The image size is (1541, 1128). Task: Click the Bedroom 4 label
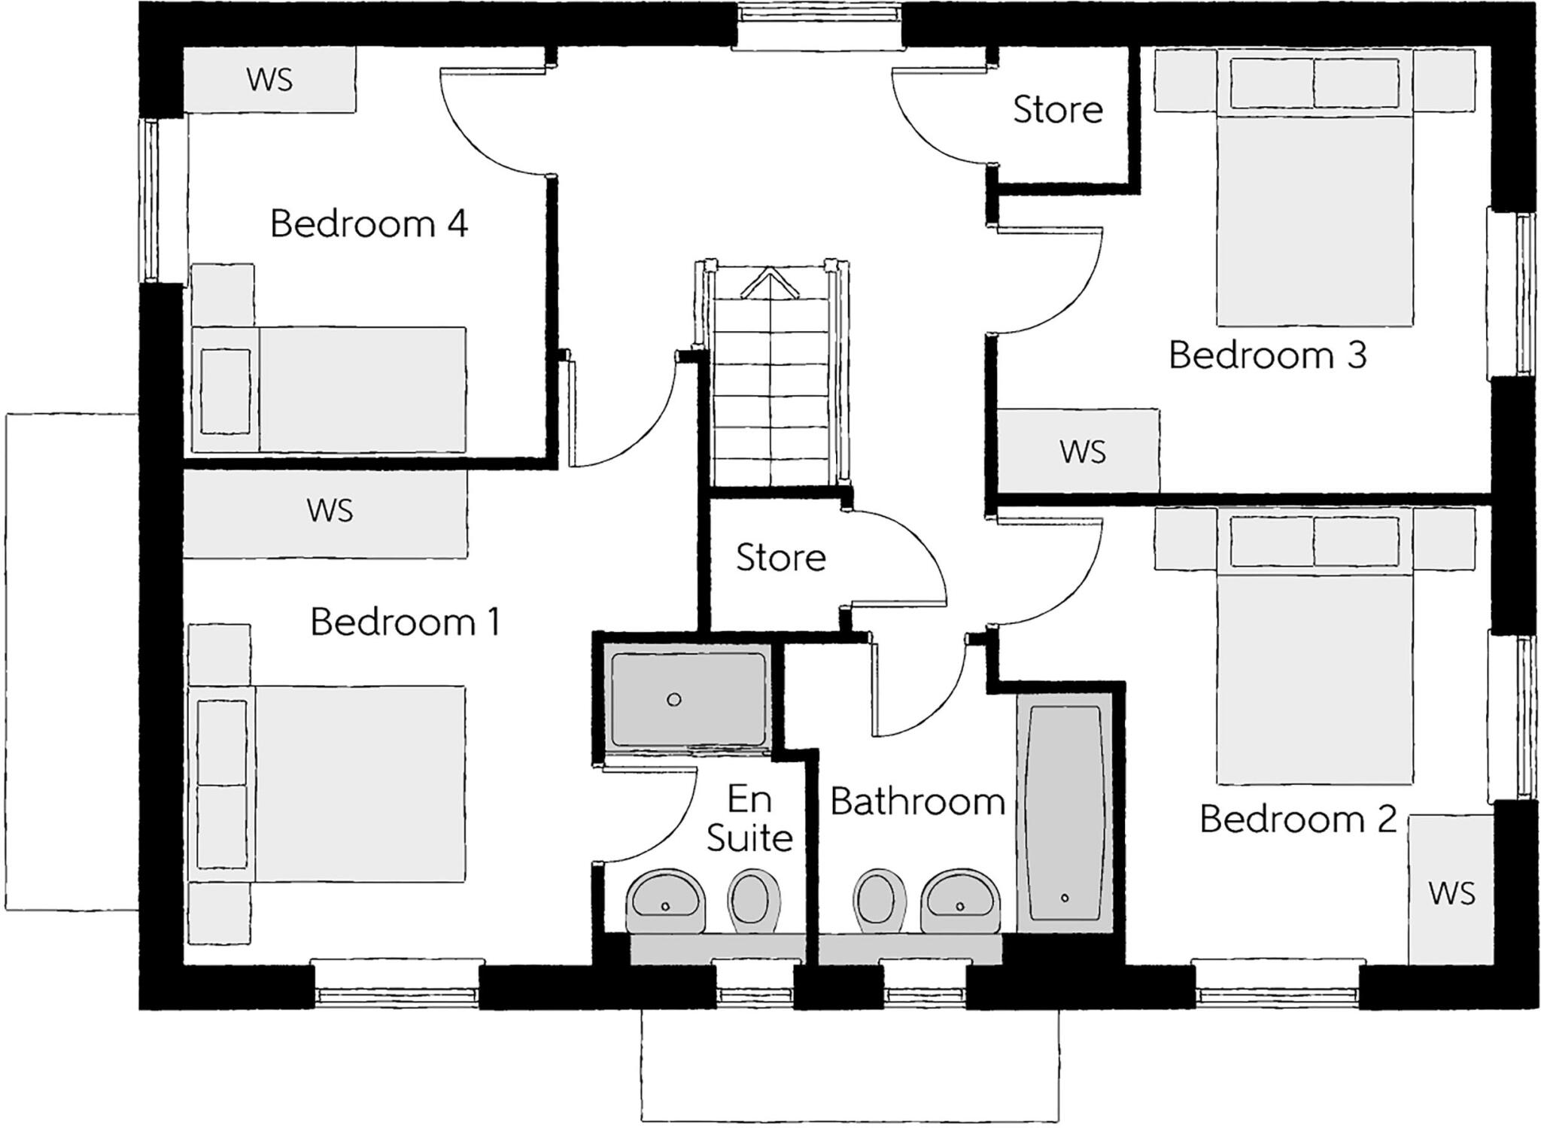pos(369,223)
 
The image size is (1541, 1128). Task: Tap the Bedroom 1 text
pos(405,622)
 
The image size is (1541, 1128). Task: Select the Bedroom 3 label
pos(1267,355)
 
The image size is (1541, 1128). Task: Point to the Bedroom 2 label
pos(1298,819)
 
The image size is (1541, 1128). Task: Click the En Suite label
pos(749,819)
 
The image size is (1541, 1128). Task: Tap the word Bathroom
pos(917,802)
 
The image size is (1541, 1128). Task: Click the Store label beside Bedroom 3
pos(1057,110)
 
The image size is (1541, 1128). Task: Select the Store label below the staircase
pos(780,558)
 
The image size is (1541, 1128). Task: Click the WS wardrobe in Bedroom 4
pos(269,80)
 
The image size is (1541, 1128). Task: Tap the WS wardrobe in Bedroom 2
pos(1451,893)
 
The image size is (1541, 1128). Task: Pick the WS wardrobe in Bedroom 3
pos(1082,452)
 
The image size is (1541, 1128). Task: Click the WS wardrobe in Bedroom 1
pos(329,511)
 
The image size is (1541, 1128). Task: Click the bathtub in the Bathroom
pos(1064,813)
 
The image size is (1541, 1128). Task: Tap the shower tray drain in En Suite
pos(674,700)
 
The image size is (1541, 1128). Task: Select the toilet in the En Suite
pos(753,897)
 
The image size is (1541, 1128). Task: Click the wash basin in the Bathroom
pos(961,898)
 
